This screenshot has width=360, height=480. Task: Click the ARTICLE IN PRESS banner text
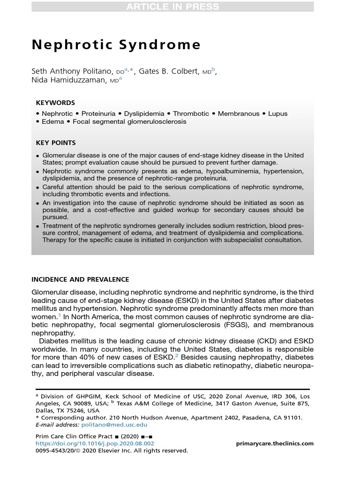coord(172,7)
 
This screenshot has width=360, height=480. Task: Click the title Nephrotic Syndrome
coord(116,45)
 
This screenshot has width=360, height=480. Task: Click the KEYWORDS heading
coord(55,103)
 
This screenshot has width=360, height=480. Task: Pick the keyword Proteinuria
coord(99,113)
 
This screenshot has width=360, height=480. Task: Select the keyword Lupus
coord(278,113)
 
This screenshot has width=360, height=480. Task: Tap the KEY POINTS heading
coord(56,143)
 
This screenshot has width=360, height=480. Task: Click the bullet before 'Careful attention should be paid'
coord(38,187)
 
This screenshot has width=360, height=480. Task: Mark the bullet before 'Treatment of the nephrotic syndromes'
coord(38,226)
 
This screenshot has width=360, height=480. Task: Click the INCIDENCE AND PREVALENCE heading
coord(80,279)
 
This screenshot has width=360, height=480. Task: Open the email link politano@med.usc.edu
coord(114,425)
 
